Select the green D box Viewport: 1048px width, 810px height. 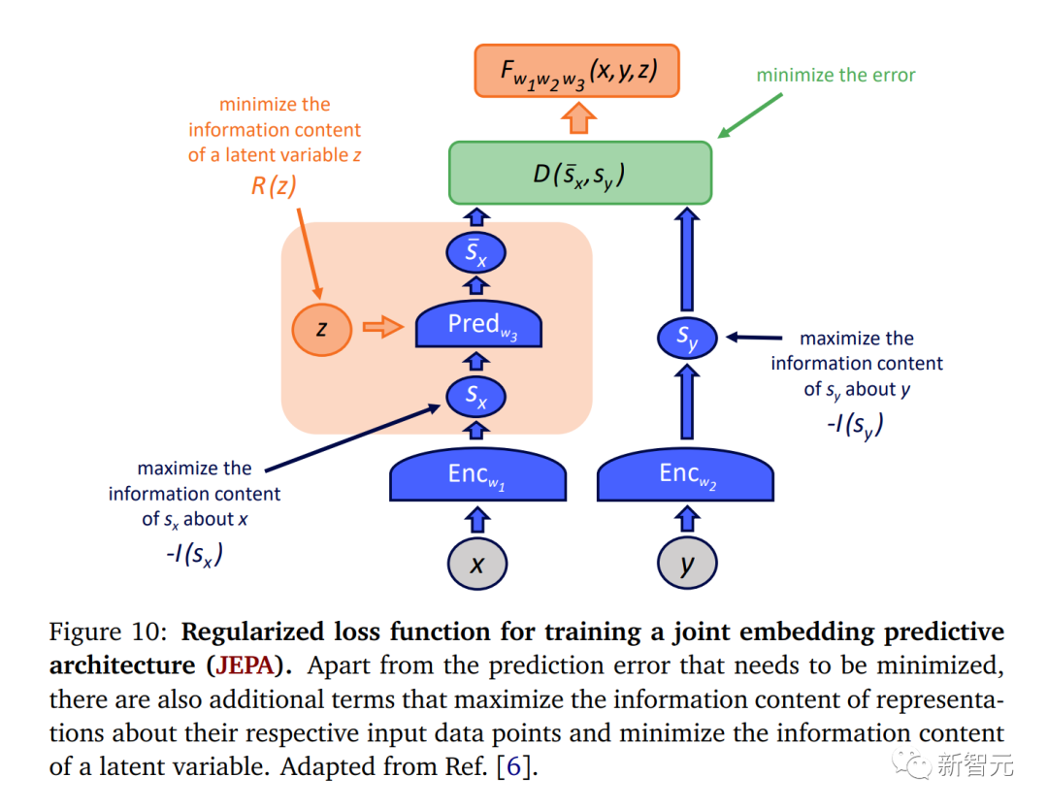580,174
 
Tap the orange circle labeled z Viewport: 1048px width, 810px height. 320,329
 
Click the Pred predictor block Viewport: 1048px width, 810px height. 477,326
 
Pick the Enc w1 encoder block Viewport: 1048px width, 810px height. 477,476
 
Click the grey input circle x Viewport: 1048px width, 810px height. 477,564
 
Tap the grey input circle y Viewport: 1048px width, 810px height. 687,564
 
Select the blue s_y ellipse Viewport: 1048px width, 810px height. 687,339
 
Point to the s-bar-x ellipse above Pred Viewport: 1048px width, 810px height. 476,254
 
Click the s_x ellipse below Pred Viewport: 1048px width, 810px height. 476,396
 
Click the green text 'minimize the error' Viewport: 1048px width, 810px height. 835,75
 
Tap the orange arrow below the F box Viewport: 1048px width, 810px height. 579,118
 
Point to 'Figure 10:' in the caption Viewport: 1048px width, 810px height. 110,632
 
